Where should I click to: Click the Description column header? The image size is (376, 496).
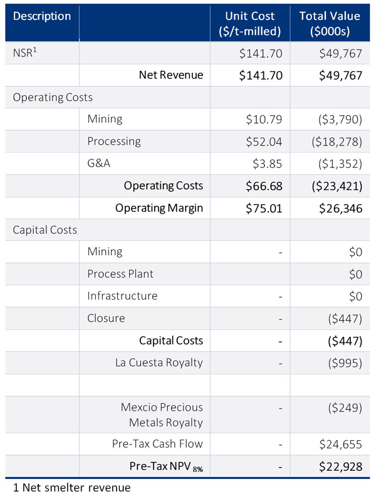click(42, 16)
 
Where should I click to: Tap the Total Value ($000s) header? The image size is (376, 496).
click(329, 23)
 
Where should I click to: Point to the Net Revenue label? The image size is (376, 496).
click(170, 75)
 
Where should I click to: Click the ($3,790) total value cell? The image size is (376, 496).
click(337, 119)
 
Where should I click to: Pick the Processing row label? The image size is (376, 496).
click(114, 141)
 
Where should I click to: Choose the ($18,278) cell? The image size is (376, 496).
click(333, 141)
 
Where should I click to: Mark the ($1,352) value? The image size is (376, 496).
click(337, 163)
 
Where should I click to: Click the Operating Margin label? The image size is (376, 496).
click(159, 208)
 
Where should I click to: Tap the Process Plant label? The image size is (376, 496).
click(120, 273)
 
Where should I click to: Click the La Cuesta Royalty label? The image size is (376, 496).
click(159, 362)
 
